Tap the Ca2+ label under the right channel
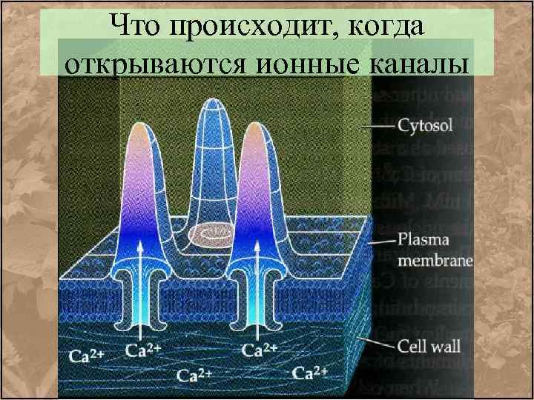(260, 347)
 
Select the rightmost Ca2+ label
(311, 370)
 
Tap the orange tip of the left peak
(141, 130)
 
